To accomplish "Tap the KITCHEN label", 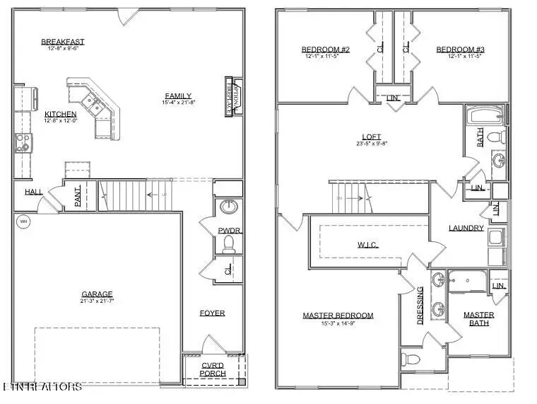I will [x=61, y=114].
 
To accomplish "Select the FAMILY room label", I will [x=178, y=96].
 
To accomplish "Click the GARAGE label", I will [x=97, y=294].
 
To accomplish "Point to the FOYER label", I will [x=212, y=313].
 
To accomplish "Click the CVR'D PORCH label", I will [x=213, y=369].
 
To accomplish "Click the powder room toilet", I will [x=228, y=244].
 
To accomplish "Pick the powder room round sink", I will [x=228, y=207].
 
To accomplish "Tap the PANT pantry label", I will [x=78, y=196].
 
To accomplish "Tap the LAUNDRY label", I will [x=466, y=228].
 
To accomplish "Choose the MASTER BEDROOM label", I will [x=338, y=316].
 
